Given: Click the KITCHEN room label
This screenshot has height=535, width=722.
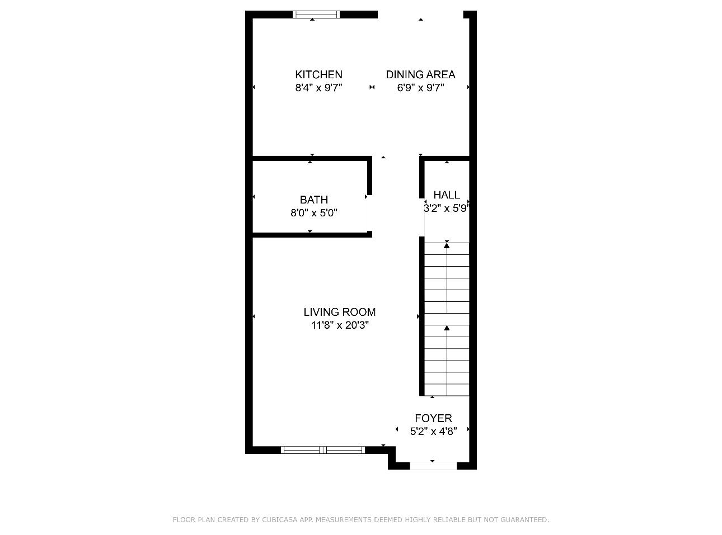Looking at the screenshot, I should pyautogui.click(x=318, y=74).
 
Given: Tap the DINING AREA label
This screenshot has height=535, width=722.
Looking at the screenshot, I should pyautogui.click(x=420, y=74).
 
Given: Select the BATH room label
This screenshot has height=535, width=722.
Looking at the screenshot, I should pyautogui.click(x=313, y=200).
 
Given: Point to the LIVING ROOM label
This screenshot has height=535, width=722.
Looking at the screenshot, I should pyautogui.click(x=339, y=312).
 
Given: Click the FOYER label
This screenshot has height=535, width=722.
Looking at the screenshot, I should pyautogui.click(x=433, y=418).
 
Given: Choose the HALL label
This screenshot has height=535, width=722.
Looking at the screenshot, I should pyautogui.click(x=447, y=195).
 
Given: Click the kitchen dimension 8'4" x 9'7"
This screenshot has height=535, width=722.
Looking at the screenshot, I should pyautogui.click(x=318, y=88).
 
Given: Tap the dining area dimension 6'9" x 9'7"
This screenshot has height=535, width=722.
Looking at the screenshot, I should pyautogui.click(x=420, y=88).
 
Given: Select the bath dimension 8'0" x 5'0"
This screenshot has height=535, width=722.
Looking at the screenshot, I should pyautogui.click(x=313, y=213).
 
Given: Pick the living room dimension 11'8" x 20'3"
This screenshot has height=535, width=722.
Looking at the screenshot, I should pyautogui.click(x=340, y=325).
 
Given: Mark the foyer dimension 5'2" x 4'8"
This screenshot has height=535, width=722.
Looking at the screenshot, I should pyautogui.click(x=433, y=431).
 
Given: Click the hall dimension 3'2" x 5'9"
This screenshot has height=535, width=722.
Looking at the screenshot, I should pyautogui.click(x=446, y=209).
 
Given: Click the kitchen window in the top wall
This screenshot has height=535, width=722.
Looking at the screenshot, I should pyautogui.click(x=317, y=15).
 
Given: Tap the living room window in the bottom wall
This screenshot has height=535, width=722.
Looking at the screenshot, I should pyautogui.click(x=323, y=449).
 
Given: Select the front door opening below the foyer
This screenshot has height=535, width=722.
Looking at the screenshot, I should pyautogui.click(x=433, y=466).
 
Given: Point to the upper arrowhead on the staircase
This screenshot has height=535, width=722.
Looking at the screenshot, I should pyautogui.click(x=447, y=245).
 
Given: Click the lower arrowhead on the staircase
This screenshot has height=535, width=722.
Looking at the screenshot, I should pyautogui.click(x=447, y=329).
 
